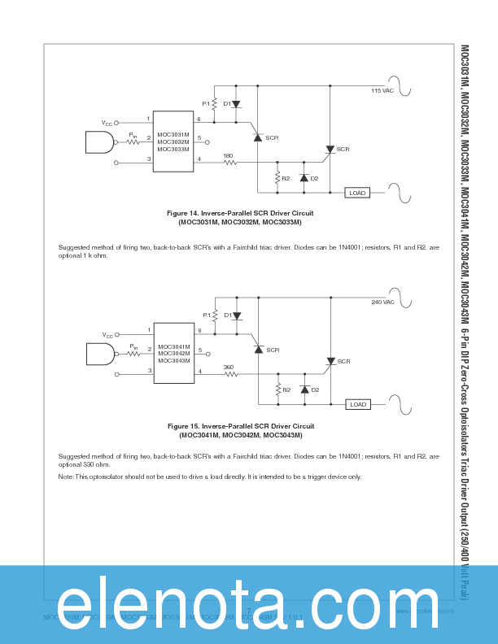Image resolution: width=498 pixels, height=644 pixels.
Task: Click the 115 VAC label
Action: [x=382, y=91]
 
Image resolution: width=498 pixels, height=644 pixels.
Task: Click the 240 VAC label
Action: [x=382, y=302]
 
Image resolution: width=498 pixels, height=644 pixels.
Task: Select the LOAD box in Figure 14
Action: [x=357, y=193]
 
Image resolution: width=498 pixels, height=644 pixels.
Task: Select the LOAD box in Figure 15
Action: [x=357, y=404]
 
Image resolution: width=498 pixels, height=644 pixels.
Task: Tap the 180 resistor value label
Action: [x=228, y=155]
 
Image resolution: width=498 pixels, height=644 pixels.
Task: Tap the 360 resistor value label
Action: [x=229, y=367]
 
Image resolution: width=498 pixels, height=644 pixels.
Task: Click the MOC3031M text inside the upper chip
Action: [x=173, y=135]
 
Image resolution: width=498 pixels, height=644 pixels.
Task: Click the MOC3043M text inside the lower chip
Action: [x=173, y=360]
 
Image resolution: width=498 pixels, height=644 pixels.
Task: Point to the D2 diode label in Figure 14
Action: [x=315, y=178]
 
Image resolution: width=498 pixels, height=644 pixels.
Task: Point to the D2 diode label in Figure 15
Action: [x=315, y=389]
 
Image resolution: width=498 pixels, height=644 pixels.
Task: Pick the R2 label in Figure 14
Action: [x=286, y=178]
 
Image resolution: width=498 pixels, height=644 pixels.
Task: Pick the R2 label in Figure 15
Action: [x=286, y=389]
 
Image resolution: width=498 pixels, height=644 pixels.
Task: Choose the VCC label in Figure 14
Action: [x=107, y=123]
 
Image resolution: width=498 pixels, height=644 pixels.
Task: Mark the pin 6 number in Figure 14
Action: [x=199, y=120]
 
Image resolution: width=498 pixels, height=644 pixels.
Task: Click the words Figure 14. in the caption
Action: [x=182, y=213]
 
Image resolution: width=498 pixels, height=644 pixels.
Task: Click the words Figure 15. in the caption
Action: [x=183, y=425]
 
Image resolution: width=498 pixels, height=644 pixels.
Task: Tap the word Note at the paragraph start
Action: [x=66, y=476]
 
